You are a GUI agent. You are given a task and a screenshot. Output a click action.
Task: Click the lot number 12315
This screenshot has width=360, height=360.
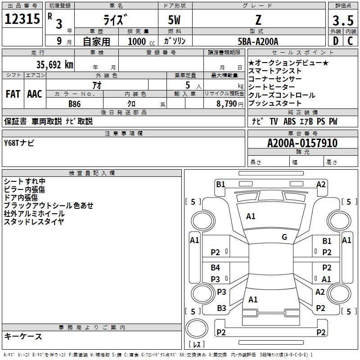point(22,19)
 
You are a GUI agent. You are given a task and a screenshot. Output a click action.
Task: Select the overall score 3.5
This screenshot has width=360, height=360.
point(343,20)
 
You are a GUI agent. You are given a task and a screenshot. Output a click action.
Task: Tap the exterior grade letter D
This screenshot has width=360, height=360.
point(336,41)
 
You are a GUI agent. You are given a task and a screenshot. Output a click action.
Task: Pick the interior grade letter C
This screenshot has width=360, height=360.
point(350,41)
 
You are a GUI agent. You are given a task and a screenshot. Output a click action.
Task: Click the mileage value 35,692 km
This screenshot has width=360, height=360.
point(54,65)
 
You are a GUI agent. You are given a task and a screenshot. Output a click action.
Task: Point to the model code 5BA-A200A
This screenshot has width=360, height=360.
point(258,41)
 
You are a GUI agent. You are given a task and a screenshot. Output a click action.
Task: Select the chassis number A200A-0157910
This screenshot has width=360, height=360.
point(302,143)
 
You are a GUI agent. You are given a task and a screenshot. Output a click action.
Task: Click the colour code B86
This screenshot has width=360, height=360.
point(75,104)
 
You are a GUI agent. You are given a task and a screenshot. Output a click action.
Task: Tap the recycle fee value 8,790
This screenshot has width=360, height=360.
point(227,104)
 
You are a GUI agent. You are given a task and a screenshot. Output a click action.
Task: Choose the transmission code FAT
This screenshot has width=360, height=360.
point(13,94)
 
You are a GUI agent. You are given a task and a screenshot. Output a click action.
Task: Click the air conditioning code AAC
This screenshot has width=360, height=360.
point(35,94)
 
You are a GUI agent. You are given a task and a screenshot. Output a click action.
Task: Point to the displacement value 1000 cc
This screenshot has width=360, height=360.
point(141,41)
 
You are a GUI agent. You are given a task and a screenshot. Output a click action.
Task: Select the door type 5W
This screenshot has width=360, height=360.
point(174,20)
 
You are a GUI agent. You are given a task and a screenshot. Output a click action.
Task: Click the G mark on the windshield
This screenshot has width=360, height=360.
point(284,237)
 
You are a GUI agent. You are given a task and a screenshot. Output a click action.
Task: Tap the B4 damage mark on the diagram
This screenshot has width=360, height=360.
point(216,267)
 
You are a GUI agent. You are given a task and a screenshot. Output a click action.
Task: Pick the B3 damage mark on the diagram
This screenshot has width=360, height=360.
point(221,308)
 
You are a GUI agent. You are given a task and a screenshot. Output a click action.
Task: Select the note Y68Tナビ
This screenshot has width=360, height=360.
point(19,143)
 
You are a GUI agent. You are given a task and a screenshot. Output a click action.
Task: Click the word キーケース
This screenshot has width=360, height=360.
point(23,336)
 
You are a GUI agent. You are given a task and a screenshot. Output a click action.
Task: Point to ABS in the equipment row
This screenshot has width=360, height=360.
point(289,121)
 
